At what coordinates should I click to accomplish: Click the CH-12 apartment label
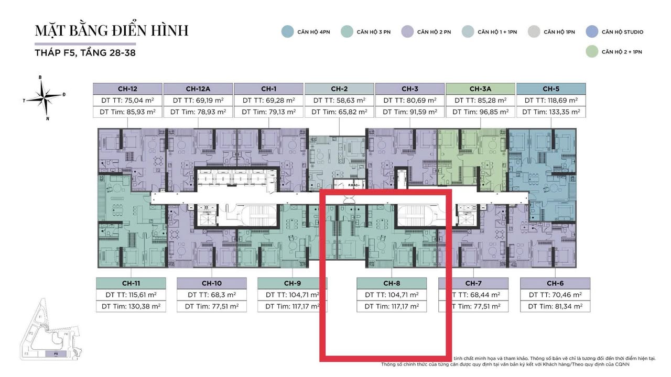[128, 88]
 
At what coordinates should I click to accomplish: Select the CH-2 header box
[339, 88]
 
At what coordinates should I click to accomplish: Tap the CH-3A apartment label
[480, 88]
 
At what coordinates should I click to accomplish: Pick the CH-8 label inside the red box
[392, 283]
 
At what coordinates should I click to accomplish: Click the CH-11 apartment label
[131, 283]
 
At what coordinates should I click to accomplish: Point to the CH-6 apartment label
[555, 283]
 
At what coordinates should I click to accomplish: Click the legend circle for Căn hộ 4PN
[287, 32]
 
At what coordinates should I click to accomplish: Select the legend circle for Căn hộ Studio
[592, 32]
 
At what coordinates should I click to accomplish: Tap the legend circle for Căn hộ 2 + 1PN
[592, 51]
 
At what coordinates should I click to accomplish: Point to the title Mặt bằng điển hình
[111, 30]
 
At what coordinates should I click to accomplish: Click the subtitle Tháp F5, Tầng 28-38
[85, 53]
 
